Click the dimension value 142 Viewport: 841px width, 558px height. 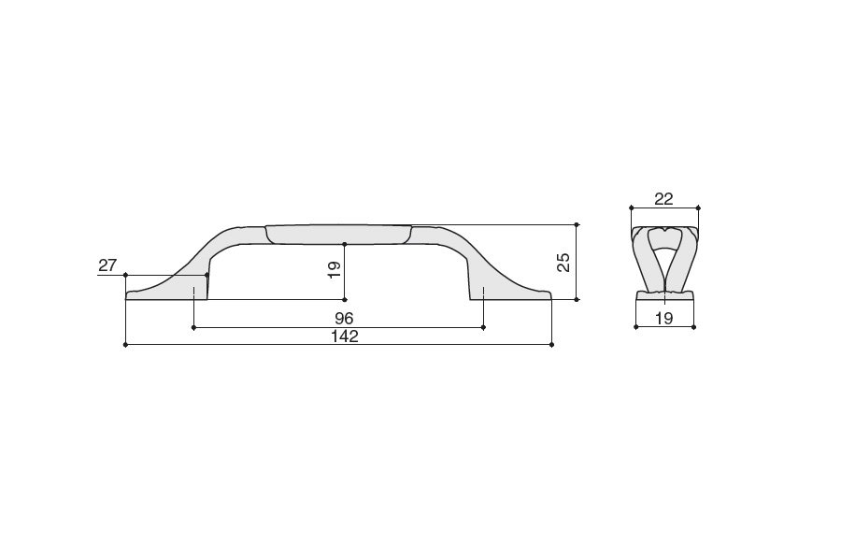coord(344,336)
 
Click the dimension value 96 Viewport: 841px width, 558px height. coord(343,318)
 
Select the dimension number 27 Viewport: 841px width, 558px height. coord(107,265)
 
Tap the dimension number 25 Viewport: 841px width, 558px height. coord(563,263)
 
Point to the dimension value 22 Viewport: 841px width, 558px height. coord(663,199)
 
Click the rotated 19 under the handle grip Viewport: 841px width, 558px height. coord(335,270)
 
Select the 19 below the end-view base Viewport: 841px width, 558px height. coord(664,318)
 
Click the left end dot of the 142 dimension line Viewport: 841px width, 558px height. coord(125,345)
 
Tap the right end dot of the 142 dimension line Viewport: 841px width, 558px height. coord(552,345)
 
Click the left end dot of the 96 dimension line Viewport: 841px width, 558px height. coord(193,327)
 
